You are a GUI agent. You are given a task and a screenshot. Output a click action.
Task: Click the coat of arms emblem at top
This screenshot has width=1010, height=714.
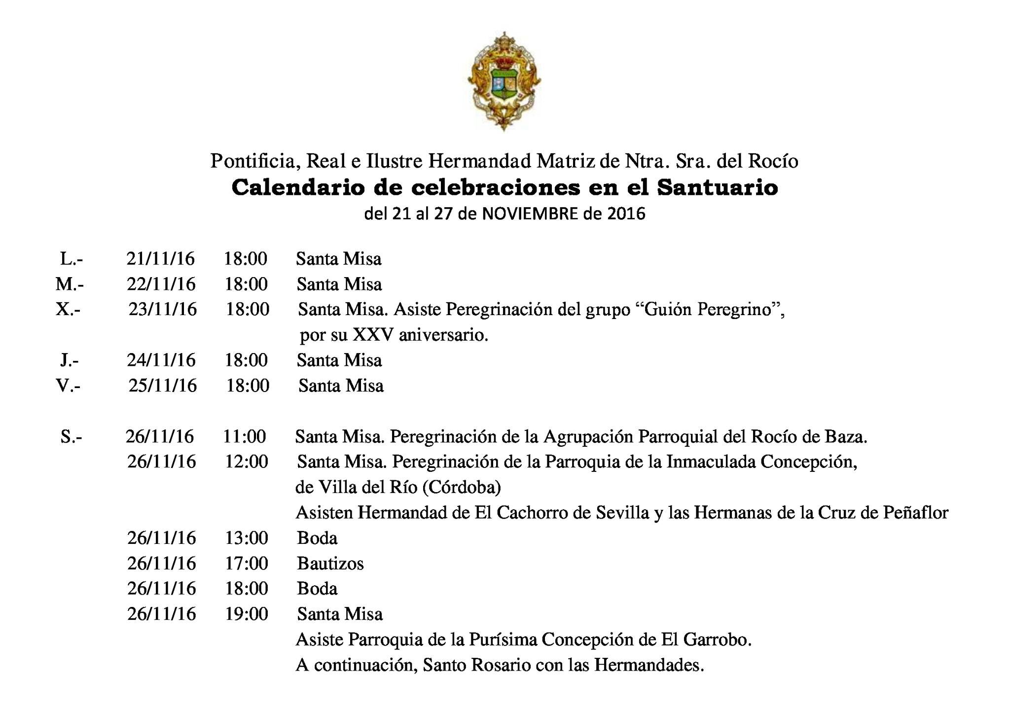[504, 81]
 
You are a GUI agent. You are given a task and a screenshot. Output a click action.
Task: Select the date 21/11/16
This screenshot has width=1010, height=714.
[160, 258]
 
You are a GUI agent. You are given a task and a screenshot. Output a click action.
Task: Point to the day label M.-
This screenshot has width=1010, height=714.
[70, 284]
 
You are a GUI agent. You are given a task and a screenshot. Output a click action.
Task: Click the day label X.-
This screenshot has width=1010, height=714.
[68, 310]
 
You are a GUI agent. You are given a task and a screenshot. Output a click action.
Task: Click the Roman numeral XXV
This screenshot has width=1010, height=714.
[372, 335]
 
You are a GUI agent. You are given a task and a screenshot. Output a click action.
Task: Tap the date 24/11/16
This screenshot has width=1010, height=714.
[161, 360]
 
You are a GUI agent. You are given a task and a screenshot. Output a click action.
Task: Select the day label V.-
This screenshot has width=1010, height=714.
[68, 386]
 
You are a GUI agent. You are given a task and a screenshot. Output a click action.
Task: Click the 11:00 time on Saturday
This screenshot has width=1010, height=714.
[245, 436]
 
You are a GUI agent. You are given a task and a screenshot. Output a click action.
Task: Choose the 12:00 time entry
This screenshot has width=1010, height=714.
[247, 462]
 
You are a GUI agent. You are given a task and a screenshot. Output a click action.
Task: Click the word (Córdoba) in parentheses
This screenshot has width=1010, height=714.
[462, 487]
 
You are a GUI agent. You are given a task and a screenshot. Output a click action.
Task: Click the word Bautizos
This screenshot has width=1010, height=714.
[330, 563]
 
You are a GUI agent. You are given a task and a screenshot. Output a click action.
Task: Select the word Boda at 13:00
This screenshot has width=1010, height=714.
[317, 538]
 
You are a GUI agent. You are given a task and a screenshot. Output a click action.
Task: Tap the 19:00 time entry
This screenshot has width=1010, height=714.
[247, 614]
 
